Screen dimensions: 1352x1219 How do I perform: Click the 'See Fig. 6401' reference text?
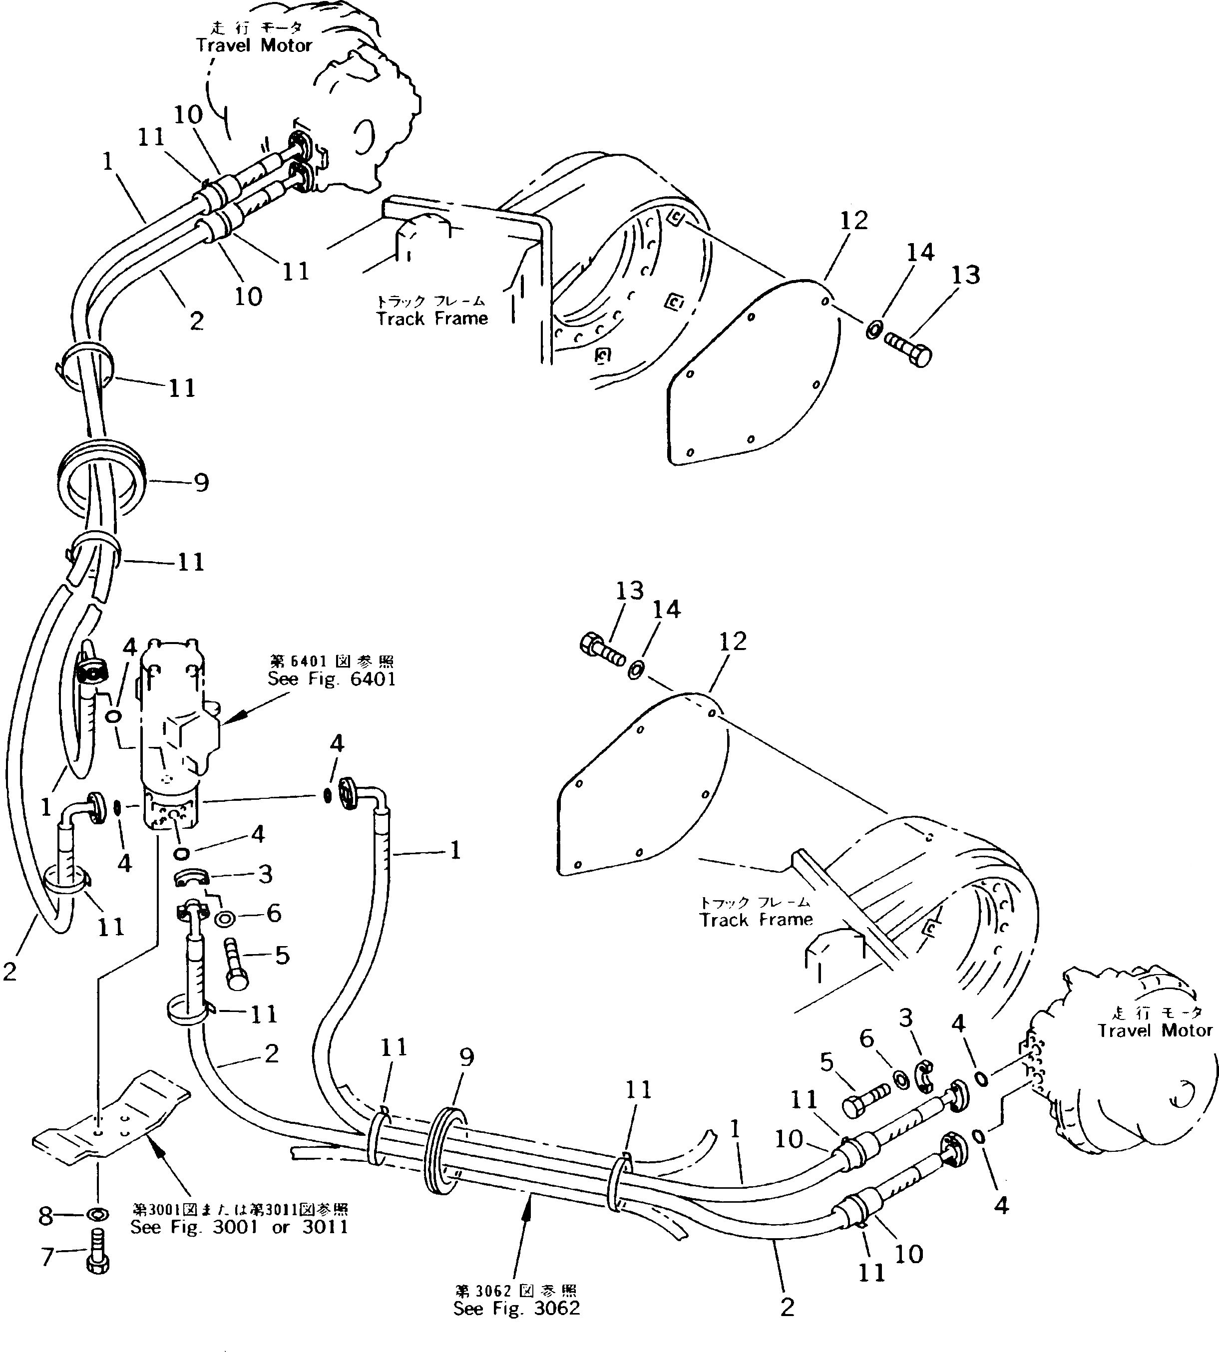coord(332,679)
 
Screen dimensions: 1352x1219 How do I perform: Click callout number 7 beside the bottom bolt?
coord(47,1257)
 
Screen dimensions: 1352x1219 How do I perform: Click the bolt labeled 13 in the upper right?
coord(909,350)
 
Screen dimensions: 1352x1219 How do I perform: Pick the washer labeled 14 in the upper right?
coord(873,330)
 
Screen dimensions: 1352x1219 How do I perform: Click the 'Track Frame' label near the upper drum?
coord(432,318)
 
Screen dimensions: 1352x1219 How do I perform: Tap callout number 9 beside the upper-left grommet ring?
coord(201,483)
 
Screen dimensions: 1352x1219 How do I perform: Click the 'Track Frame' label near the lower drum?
coord(756,920)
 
